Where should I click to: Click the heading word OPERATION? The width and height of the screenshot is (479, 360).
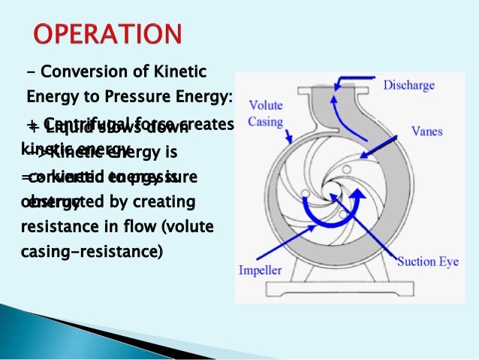[x=107, y=35]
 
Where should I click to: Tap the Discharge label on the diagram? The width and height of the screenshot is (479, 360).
[x=408, y=86]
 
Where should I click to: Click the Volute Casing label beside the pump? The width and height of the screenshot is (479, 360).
[x=266, y=113]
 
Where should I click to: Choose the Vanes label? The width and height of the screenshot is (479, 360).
[x=426, y=132]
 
